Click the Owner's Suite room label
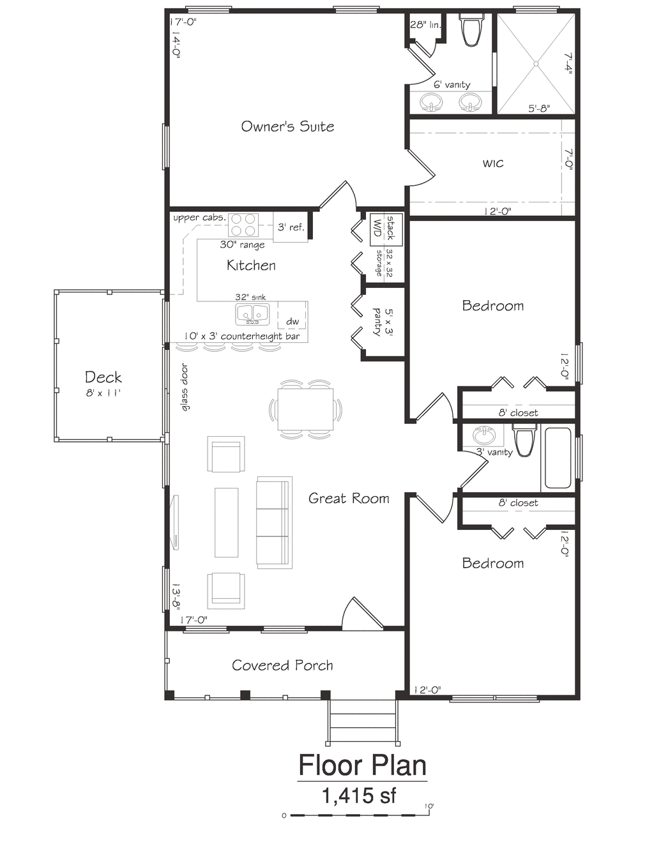tap(287, 126)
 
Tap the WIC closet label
tap(493, 163)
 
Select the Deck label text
tap(103, 377)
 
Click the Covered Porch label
tap(282, 665)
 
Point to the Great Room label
tap(349, 498)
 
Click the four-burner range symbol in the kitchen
tap(243, 225)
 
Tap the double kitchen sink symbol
tap(252, 314)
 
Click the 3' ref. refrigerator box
tap(291, 227)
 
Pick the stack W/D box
tap(386, 229)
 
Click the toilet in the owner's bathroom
tap(471, 31)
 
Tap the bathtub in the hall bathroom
tap(558, 458)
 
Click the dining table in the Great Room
tap(305, 409)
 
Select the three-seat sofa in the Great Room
tap(274, 522)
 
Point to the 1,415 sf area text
tap(359, 796)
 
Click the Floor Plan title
tap(362, 765)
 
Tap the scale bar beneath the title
tap(358, 815)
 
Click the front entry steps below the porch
tap(363, 721)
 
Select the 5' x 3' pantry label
tap(383, 323)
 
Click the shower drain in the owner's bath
tap(536, 64)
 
